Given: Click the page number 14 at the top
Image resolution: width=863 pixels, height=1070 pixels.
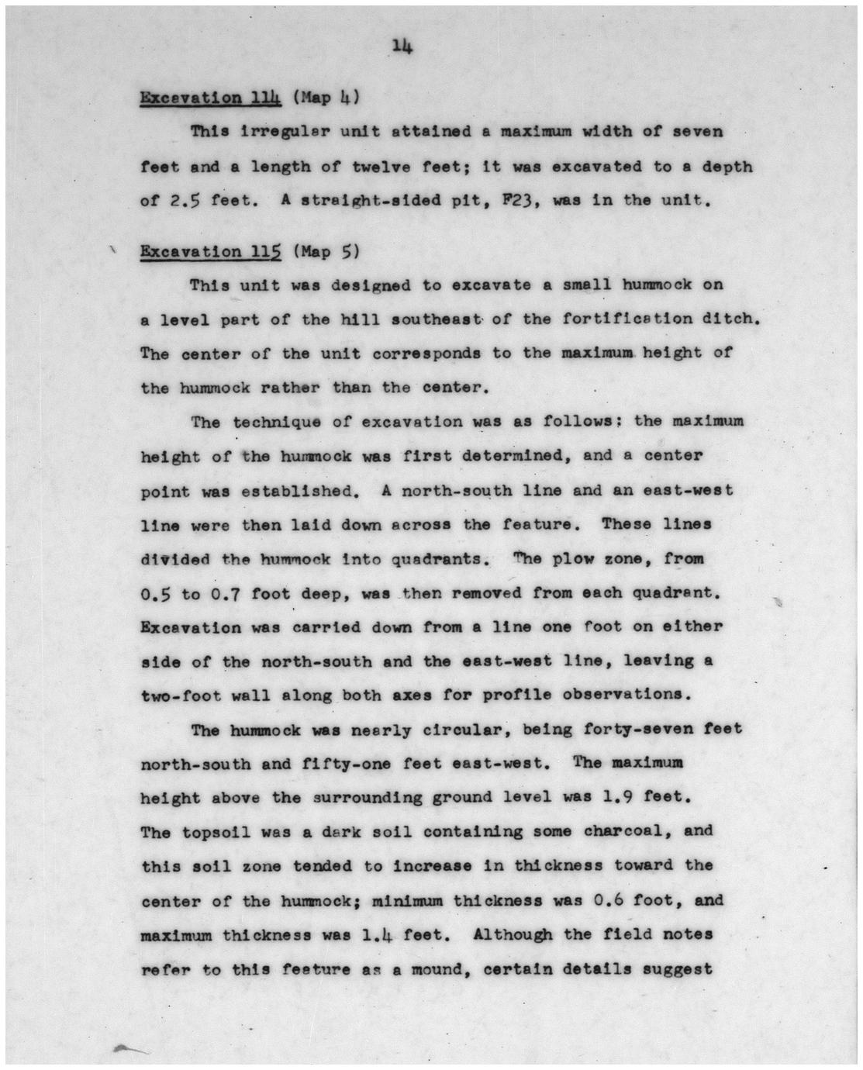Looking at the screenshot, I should point(401,47).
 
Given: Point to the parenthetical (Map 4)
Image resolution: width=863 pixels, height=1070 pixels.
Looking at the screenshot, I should point(325,98).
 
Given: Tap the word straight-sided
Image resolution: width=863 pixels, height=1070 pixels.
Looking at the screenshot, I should point(362,201).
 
